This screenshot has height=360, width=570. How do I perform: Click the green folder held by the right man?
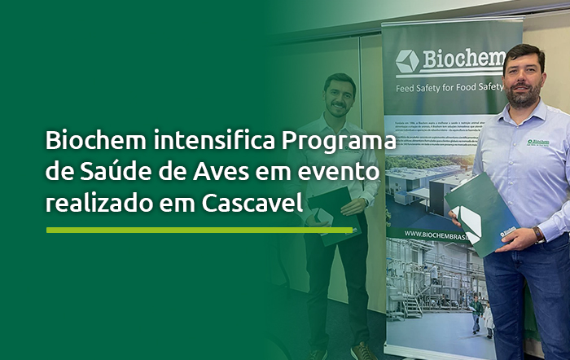[x=482, y=213]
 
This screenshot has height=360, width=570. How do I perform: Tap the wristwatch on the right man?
[x=538, y=235]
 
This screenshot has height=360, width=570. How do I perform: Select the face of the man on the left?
[x=339, y=96]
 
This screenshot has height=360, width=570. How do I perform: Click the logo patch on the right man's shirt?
[x=537, y=143]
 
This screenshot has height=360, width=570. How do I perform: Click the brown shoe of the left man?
[x=362, y=350]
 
